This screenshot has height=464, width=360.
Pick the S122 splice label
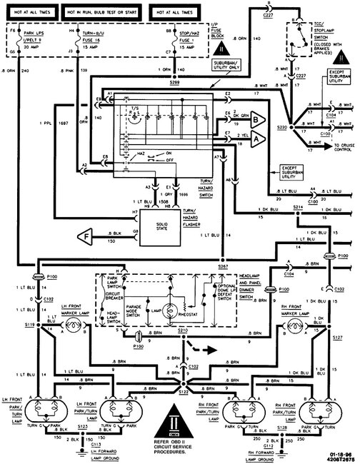pyautogui.click(x=185, y=392)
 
